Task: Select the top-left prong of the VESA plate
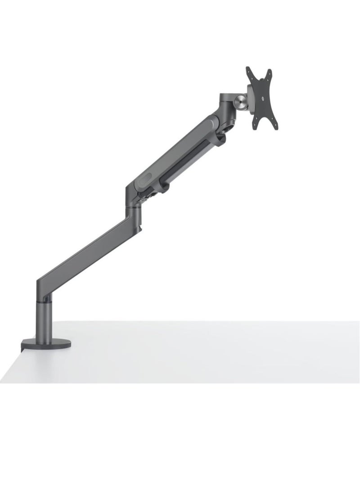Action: coord(249,71)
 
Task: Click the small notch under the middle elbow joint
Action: coord(140,229)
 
